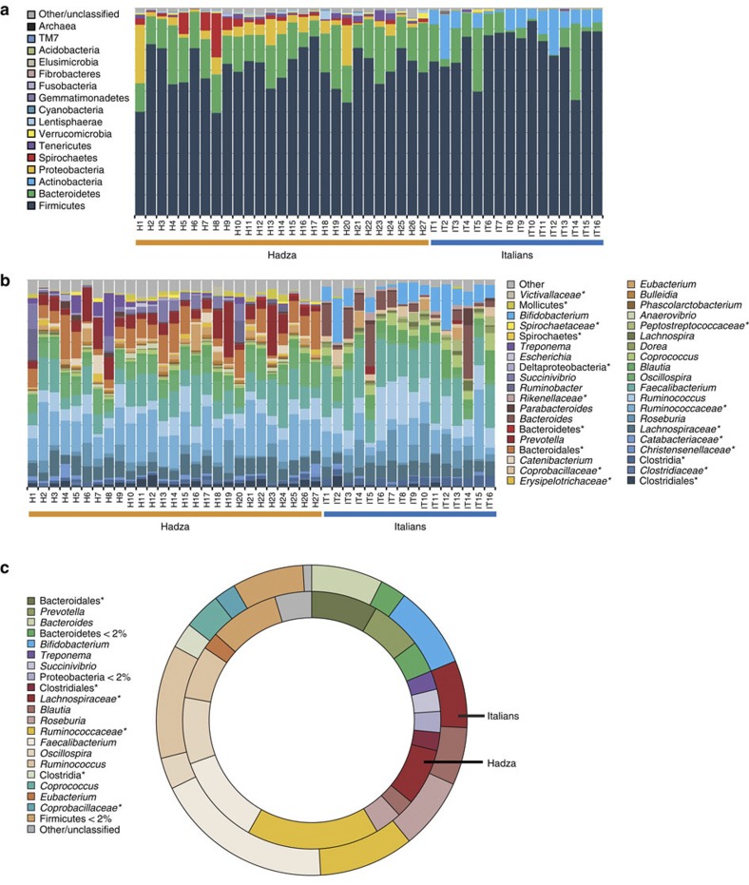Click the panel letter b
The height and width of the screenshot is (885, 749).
[8, 283]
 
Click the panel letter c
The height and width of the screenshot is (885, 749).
[8, 570]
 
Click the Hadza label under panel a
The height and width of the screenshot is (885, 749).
[281, 259]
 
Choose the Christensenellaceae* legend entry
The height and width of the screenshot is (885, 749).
[673, 444]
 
